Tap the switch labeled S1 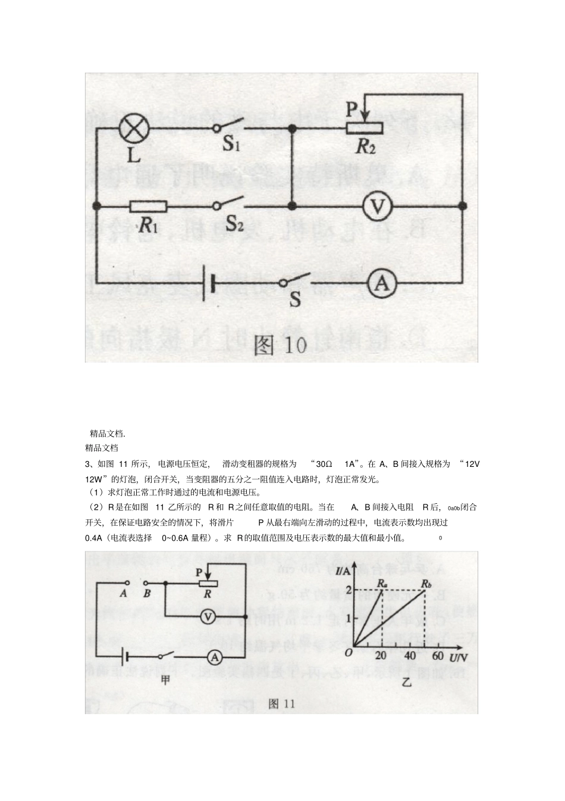229,127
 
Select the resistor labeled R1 148,206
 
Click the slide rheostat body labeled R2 365,127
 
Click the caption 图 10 280,345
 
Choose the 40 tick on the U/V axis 410,656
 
